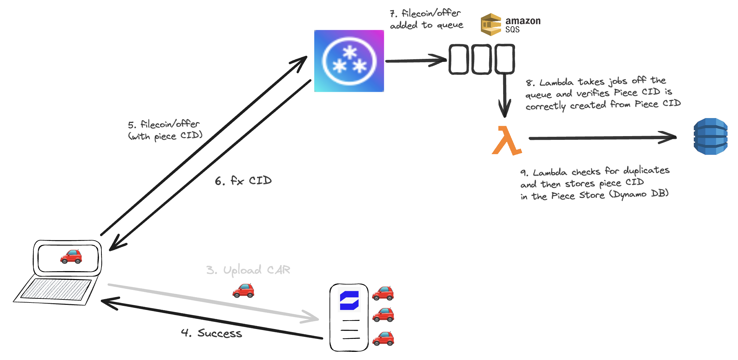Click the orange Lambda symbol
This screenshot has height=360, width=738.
(x=507, y=141)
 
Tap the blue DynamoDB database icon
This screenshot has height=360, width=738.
(x=710, y=136)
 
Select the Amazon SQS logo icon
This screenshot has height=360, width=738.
(x=491, y=24)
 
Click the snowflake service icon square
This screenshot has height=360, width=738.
(x=349, y=61)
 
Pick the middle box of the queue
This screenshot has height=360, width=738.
(x=481, y=59)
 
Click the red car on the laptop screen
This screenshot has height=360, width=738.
(x=71, y=257)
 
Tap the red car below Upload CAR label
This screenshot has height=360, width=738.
(x=243, y=291)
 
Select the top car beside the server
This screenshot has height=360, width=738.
(x=383, y=293)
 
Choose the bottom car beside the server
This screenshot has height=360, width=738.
(x=383, y=339)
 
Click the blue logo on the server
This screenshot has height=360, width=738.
(x=349, y=300)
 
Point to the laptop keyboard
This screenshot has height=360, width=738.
(x=56, y=290)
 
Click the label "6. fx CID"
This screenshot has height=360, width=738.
(x=243, y=181)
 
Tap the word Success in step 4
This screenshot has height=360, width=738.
(x=220, y=333)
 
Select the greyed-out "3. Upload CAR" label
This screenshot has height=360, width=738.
(x=248, y=270)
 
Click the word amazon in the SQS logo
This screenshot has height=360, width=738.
(x=523, y=21)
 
